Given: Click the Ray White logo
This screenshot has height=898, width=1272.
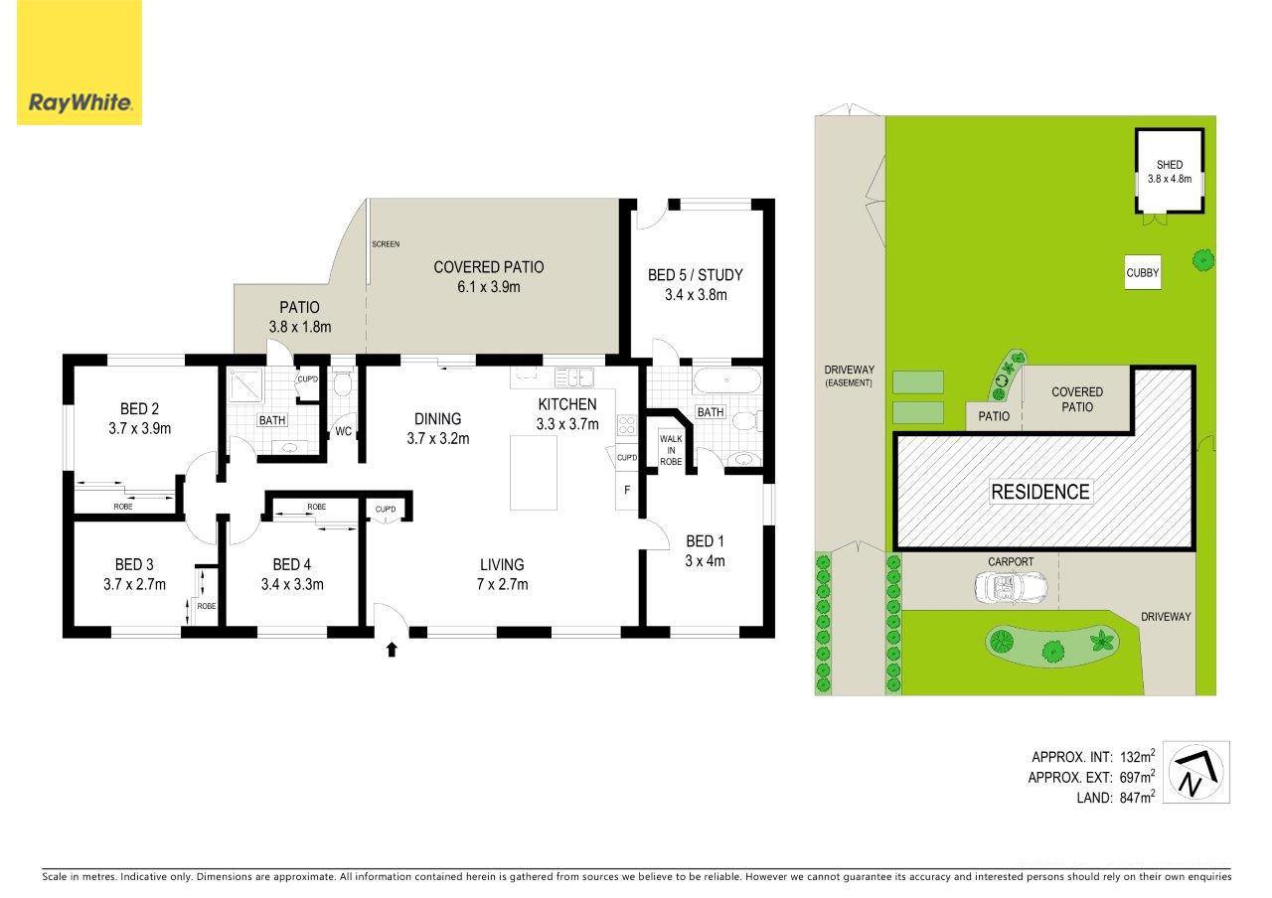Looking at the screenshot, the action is click(79, 63).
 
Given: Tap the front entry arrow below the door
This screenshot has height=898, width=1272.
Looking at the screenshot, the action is click(392, 650).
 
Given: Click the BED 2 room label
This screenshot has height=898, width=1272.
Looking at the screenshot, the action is click(139, 408).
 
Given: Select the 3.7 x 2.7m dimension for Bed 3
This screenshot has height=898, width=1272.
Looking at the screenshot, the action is click(134, 584).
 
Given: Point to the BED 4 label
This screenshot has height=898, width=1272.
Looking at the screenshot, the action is click(292, 564).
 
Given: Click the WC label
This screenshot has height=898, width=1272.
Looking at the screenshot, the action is click(343, 431).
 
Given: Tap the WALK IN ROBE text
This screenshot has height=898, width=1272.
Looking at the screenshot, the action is click(671, 450).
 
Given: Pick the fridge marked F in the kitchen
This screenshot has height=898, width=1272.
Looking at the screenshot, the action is click(627, 490).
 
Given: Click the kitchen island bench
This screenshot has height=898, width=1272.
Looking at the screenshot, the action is click(534, 473).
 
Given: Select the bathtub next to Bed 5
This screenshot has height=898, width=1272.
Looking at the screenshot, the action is click(726, 379).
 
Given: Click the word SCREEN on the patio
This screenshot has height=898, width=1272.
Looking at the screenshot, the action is click(386, 244).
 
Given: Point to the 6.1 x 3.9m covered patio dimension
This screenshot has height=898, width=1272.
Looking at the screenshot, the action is click(488, 287).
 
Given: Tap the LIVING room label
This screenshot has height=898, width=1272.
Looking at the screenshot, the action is click(502, 564).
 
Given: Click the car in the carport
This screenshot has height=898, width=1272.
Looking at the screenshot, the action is click(1011, 586).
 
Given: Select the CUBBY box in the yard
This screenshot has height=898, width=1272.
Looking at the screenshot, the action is click(1142, 272).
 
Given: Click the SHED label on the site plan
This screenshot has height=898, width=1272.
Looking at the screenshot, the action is click(1170, 165).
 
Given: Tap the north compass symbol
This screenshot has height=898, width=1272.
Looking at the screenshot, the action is click(1195, 772).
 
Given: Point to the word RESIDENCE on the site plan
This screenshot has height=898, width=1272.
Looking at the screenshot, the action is click(1040, 492).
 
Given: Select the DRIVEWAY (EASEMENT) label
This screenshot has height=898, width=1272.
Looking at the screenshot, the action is click(849, 375).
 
